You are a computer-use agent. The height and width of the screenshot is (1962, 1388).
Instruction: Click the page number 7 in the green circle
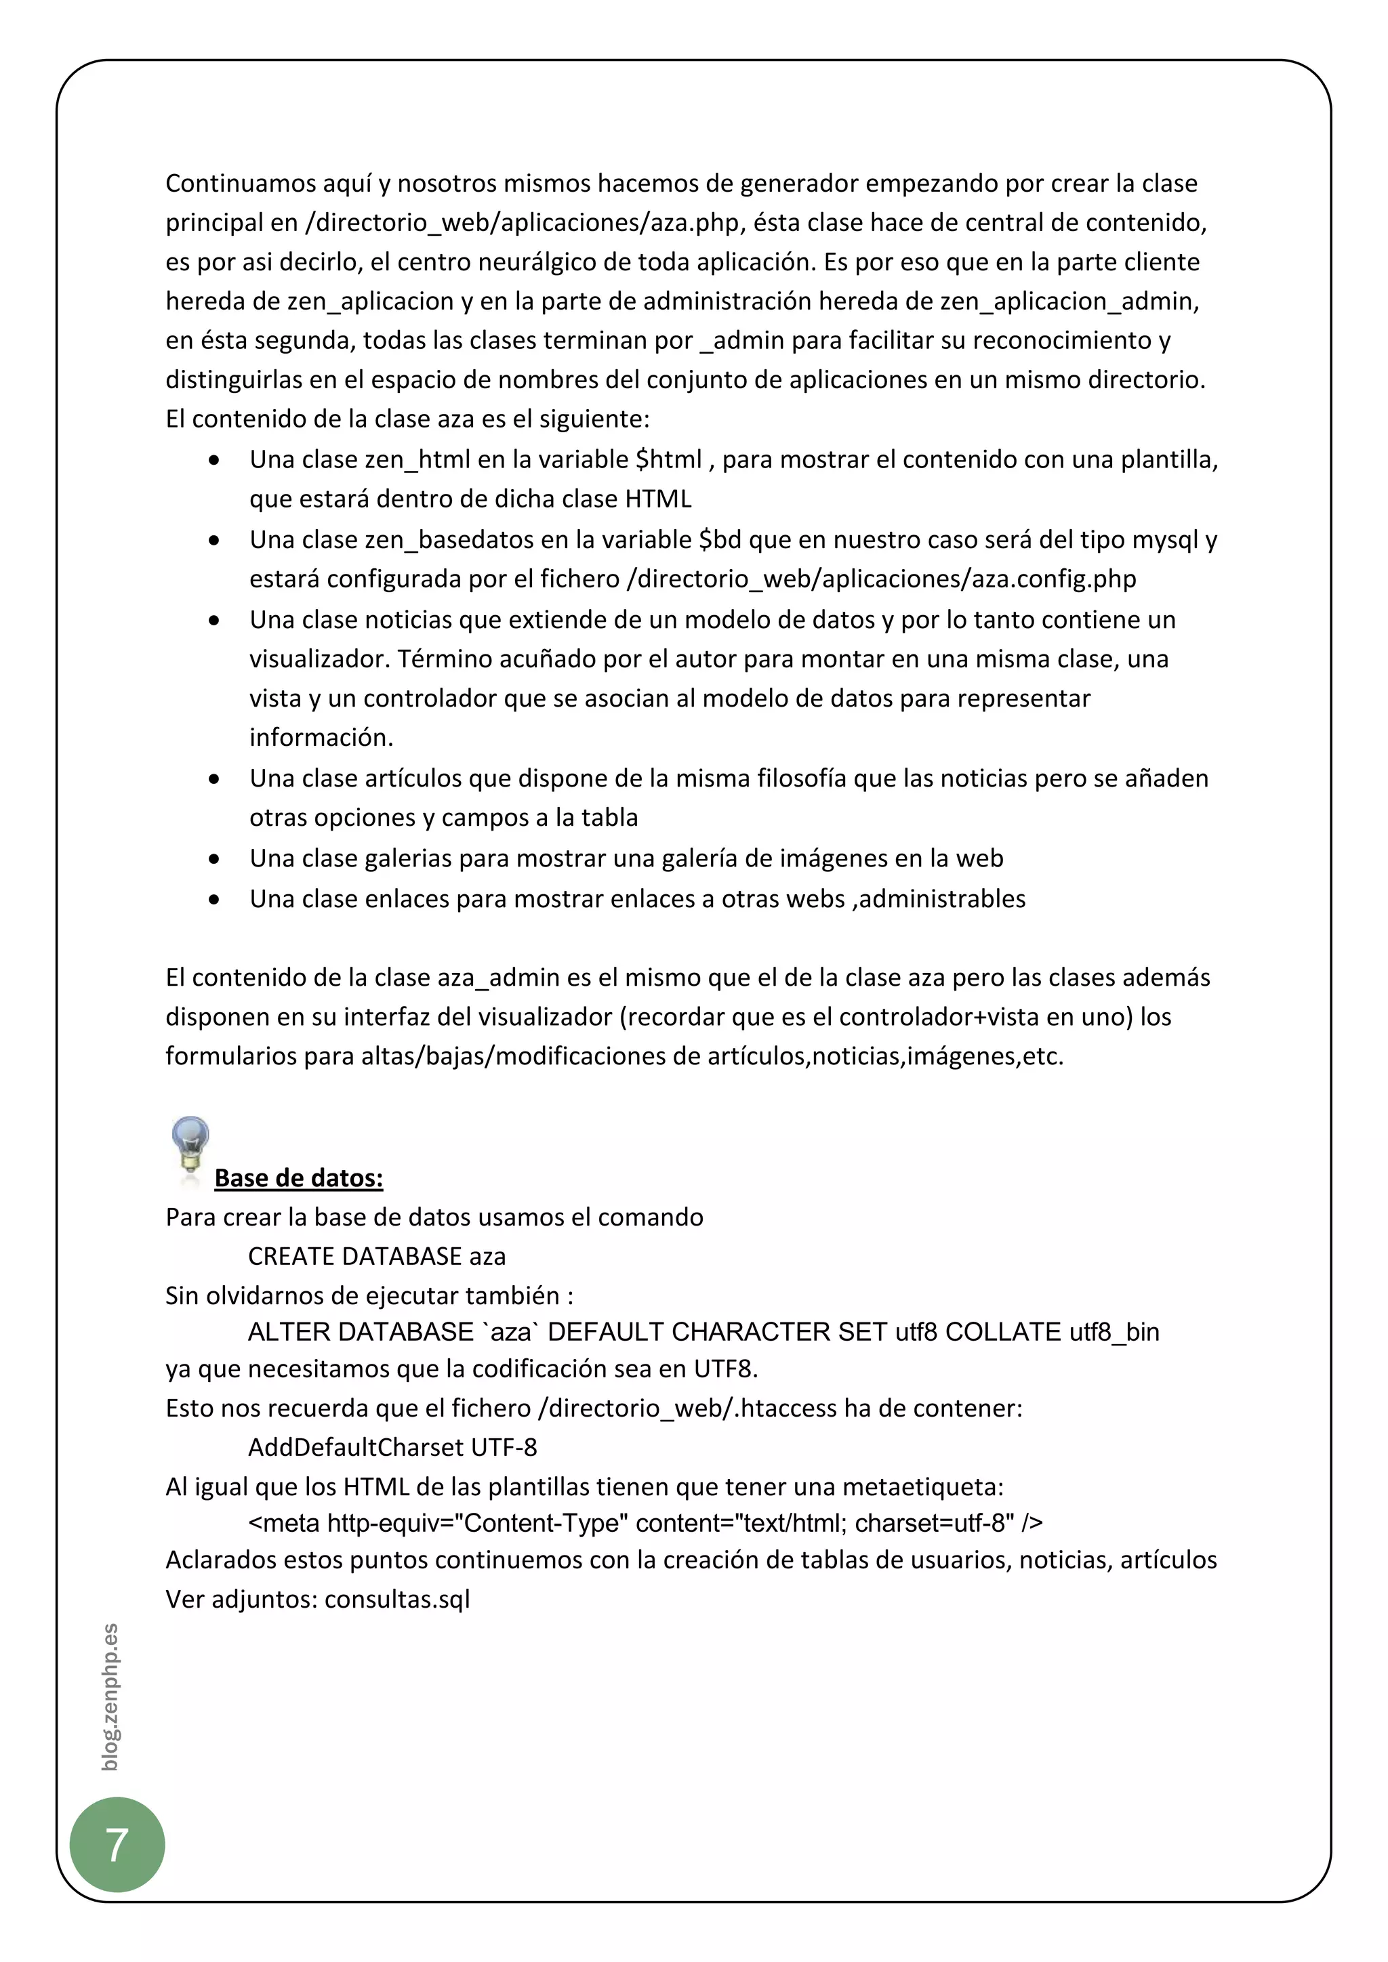coord(117,1844)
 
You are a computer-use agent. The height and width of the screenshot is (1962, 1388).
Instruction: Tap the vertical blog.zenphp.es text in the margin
coord(109,1696)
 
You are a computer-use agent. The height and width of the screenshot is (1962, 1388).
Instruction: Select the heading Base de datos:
coord(298,1177)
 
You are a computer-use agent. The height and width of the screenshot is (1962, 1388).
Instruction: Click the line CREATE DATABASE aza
coord(376,1256)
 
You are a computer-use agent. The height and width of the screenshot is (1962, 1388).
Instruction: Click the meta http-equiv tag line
coord(645,1523)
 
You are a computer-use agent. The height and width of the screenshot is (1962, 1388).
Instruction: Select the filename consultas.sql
coord(397,1599)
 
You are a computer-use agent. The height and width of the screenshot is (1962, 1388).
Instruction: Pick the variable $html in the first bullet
coord(668,460)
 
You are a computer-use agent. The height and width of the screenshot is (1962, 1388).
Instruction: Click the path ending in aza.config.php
coord(881,579)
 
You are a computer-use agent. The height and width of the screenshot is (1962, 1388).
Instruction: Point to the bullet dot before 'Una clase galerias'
coord(213,859)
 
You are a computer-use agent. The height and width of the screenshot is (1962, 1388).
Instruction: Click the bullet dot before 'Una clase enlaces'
coord(213,899)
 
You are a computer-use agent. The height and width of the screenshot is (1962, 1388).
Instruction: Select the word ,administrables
coord(939,899)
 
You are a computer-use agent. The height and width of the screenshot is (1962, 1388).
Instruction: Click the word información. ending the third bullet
coord(321,738)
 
